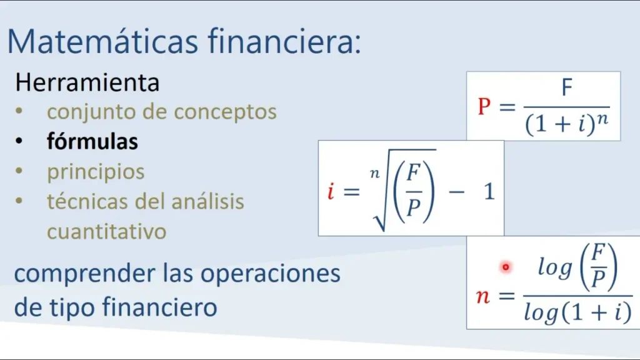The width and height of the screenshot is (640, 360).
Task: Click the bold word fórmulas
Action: (x=92, y=141)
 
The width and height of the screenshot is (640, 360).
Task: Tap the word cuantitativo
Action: (x=106, y=231)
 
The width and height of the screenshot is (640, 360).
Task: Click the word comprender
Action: (x=84, y=274)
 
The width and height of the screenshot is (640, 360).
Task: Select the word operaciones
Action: (x=270, y=274)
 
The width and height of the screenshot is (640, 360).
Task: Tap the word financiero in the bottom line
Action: (x=159, y=307)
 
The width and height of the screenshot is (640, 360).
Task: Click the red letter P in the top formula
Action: (x=484, y=106)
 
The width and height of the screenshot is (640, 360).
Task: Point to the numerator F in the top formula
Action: (x=567, y=87)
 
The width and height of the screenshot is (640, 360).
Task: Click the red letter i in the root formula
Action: (x=331, y=191)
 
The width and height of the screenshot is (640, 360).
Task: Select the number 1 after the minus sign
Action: (x=489, y=191)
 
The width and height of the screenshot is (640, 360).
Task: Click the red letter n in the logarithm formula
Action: (x=483, y=296)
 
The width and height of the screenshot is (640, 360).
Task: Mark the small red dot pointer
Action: (x=506, y=267)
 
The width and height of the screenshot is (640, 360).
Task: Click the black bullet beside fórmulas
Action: (x=19, y=141)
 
